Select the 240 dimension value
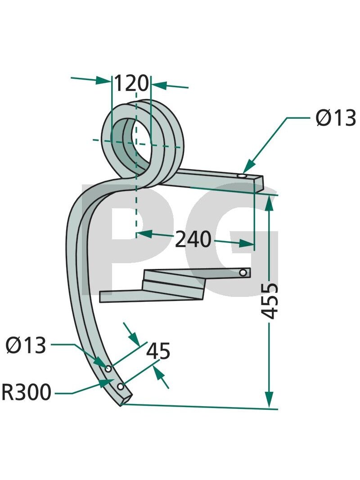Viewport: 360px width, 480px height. [x=193, y=239]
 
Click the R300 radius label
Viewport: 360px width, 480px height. [x=27, y=392]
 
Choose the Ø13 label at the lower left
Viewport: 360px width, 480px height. [x=26, y=345]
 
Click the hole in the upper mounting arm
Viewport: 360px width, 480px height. [x=242, y=177]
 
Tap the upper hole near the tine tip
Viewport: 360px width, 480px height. [x=108, y=369]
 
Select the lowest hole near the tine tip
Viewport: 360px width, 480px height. [x=121, y=387]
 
